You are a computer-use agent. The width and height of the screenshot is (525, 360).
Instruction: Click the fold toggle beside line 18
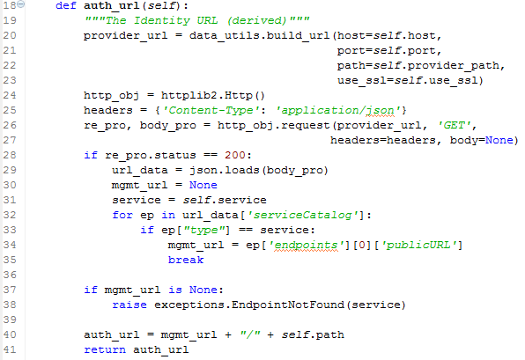point(21,4)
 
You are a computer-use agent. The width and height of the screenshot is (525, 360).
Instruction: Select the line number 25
point(10,110)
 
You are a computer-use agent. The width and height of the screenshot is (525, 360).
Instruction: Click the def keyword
point(66,5)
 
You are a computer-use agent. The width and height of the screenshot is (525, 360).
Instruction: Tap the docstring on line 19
point(197,21)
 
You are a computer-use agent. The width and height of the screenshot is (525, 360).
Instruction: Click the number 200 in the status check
point(235,155)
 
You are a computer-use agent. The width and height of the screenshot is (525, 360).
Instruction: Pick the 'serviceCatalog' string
point(303,215)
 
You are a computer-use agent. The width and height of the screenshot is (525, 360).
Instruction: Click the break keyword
point(186,260)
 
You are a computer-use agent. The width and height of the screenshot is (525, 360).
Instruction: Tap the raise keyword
point(129,305)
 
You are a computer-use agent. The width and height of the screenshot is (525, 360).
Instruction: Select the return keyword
point(105,349)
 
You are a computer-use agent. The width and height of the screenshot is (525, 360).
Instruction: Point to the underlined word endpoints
point(306,246)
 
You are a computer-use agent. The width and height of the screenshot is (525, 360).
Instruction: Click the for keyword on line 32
point(122,215)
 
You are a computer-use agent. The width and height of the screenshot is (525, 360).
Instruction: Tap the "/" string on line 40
point(250,334)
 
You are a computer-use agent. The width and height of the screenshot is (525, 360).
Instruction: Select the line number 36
point(10,275)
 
